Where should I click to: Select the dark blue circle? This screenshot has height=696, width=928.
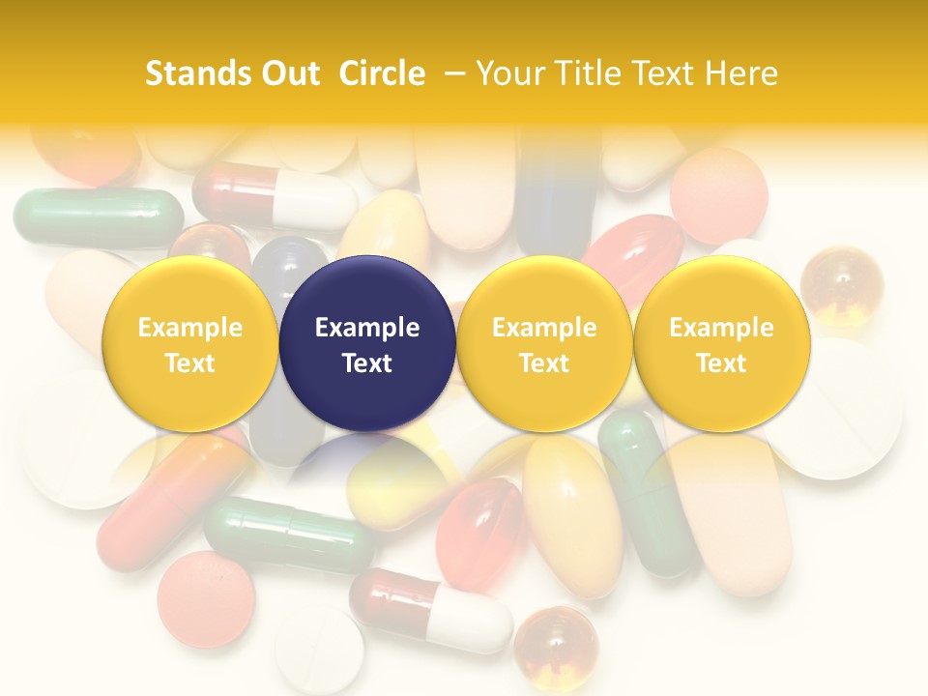point(367,343)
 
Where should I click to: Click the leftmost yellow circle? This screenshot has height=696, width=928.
point(190,343)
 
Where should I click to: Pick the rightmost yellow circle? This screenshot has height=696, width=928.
point(722,343)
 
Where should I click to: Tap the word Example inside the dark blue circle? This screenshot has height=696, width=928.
point(367,328)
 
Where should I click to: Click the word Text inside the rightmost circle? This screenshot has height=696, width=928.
point(722,363)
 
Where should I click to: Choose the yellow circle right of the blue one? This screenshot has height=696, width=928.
point(544,343)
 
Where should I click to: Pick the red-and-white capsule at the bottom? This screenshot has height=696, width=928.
point(431,610)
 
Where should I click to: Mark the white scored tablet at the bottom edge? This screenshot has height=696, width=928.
point(319,652)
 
